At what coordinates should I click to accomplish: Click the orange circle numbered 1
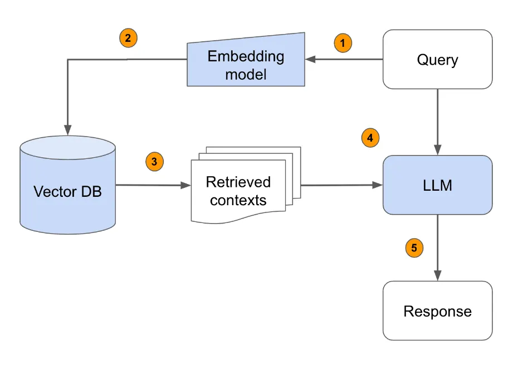[x=343, y=42]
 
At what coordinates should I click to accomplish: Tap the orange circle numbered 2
[x=128, y=38]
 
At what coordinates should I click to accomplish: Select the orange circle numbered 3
[x=154, y=162]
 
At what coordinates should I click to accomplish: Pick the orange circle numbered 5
[x=413, y=248]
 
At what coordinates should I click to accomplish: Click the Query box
[x=437, y=59]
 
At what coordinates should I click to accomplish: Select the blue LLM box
[x=437, y=185]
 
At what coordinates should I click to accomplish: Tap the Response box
[x=437, y=311]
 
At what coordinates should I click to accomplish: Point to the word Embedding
[x=246, y=56]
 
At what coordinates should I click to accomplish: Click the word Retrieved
[x=238, y=182]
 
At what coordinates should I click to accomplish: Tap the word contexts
[x=238, y=200]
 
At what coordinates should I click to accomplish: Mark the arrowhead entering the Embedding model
[x=310, y=60]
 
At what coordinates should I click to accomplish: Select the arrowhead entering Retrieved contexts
[x=185, y=186]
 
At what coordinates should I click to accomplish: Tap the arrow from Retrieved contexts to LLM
[x=340, y=185]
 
